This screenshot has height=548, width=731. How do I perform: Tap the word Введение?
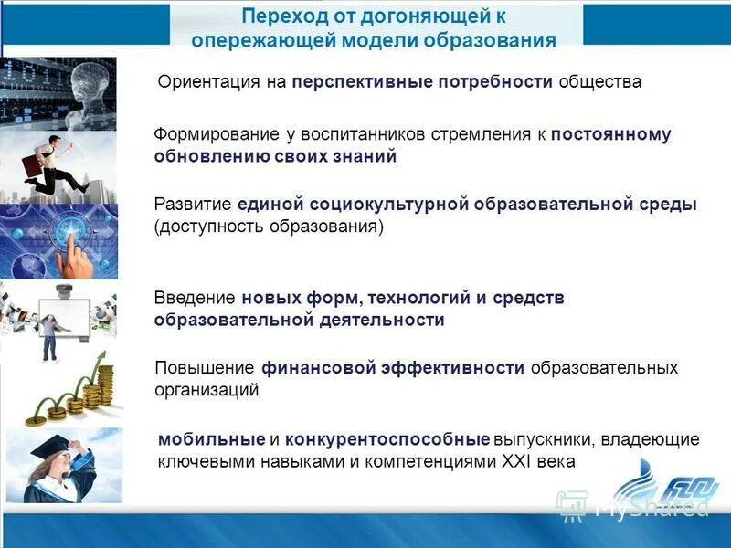pyautogui.click(x=195, y=298)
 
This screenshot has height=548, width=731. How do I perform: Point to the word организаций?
pyautogui.click(x=207, y=390)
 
